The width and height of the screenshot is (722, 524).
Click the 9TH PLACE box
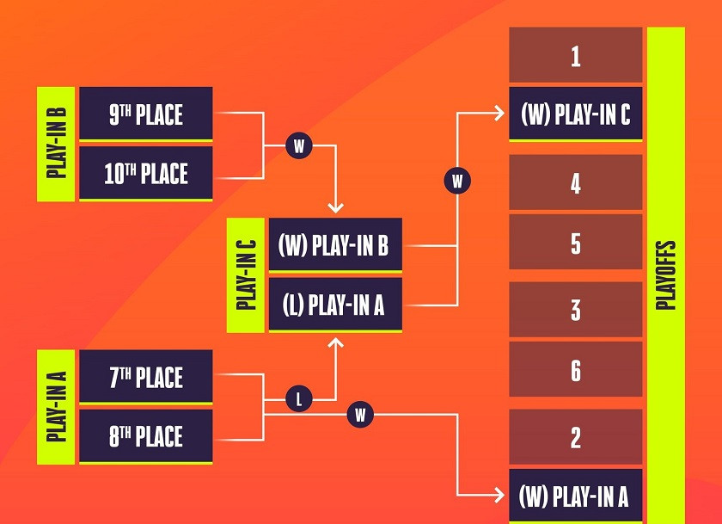(x=146, y=114)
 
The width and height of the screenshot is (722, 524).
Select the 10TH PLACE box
(x=146, y=173)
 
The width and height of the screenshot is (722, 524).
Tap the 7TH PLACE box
(x=146, y=376)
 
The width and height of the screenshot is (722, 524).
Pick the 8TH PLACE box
(x=146, y=435)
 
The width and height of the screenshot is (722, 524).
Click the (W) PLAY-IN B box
(x=335, y=244)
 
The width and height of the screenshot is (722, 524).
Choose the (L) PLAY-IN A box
(x=335, y=305)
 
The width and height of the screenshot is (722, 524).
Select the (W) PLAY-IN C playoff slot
(x=576, y=114)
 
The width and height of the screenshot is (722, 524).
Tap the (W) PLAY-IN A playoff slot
(x=576, y=496)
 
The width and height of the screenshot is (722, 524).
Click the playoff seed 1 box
(x=576, y=54)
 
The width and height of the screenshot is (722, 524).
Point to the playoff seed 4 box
(x=576, y=182)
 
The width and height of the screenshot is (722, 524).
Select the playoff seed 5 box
(x=576, y=242)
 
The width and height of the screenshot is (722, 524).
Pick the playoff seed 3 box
(x=576, y=309)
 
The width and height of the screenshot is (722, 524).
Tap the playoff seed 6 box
(x=576, y=368)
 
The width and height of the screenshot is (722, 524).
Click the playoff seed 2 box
(x=576, y=436)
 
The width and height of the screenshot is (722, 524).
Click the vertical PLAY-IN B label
(x=56, y=144)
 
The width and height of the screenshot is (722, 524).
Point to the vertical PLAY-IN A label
(x=56, y=406)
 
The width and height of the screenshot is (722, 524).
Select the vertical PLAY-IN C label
(x=246, y=274)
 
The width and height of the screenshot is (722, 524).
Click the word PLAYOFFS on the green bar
(x=666, y=274)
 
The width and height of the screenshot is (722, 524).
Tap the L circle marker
(x=299, y=398)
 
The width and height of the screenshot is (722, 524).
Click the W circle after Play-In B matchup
(x=299, y=145)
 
